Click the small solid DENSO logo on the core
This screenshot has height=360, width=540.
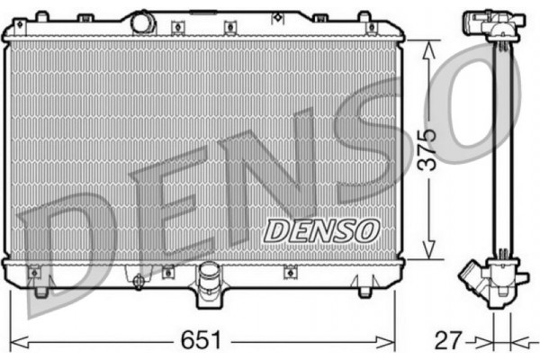tap(319, 230)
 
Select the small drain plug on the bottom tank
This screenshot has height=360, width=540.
tap(138, 282)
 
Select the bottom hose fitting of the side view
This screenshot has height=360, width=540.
tap(478, 278)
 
